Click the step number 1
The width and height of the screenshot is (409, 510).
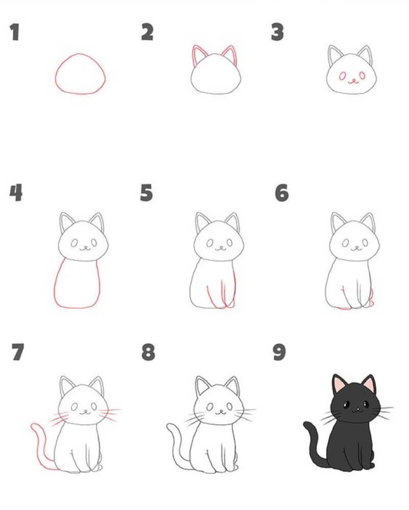click(15, 32)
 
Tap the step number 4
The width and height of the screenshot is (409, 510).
click(16, 193)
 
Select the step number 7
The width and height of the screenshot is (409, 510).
click(17, 352)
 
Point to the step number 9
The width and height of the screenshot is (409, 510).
click(280, 352)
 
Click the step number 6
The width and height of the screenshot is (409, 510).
click(282, 193)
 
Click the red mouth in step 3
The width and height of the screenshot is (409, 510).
click(352, 81)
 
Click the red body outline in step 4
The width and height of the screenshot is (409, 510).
click(57, 286)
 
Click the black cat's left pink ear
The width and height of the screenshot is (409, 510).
click(338, 384)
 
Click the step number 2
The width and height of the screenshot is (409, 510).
click(147, 32)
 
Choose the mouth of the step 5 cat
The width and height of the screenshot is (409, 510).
click(221, 249)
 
